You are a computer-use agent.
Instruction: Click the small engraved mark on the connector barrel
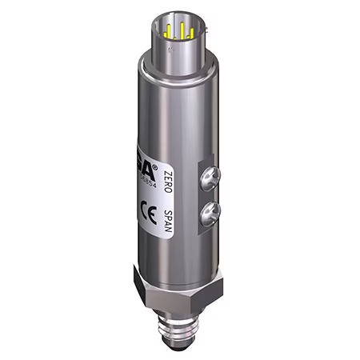pos(171,49)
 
